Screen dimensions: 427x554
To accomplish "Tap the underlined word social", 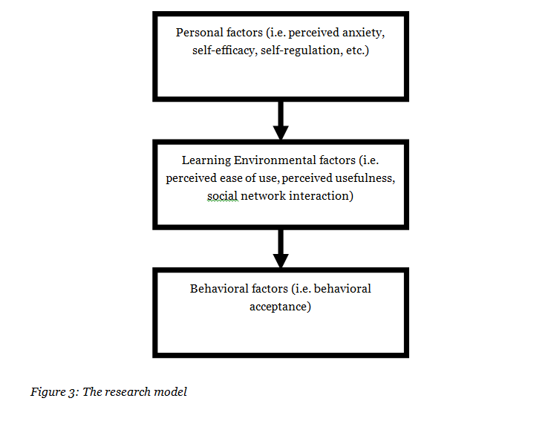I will pyautogui.click(x=222, y=196).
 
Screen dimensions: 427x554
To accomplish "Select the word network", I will pyautogui.click(x=261, y=196).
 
